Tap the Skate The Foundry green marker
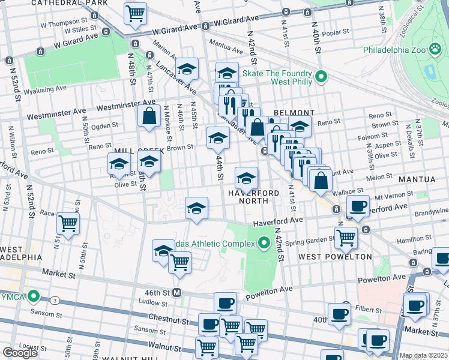321,76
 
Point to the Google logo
20,353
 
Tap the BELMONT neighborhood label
294,113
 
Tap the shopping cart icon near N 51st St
68,224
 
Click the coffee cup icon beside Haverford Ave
358,206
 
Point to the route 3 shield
55,299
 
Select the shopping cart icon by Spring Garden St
346,237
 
